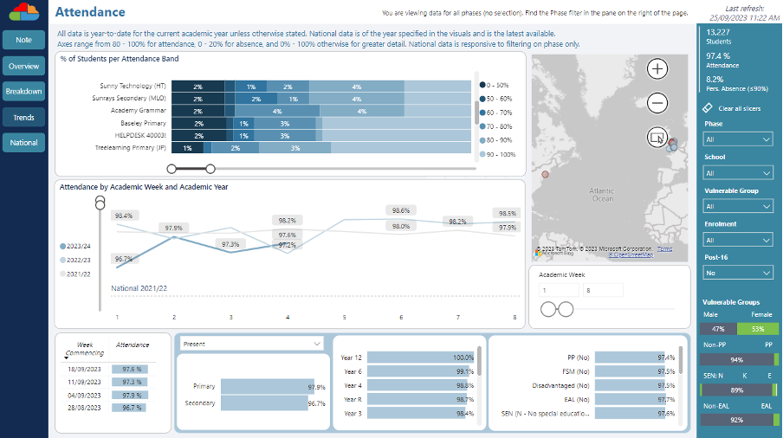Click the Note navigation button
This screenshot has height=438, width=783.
[x=23, y=41]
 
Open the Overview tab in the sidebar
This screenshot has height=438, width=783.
[x=23, y=66]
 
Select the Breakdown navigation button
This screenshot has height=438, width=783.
[x=23, y=91]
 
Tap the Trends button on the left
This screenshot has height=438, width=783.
[x=23, y=117]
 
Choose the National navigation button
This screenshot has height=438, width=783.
[x=23, y=142]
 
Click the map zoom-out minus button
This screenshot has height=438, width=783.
[x=657, y=103]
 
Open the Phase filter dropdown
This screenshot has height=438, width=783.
[x=738, y=139]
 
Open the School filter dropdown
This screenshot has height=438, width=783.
[x=738, y=173]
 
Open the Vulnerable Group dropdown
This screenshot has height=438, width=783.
[x=738, y=206]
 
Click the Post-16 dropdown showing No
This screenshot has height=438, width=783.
[x=738, y=272]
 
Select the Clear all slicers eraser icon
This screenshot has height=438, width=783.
[x=708, y=108]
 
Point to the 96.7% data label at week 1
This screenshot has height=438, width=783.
[x=123, y=259]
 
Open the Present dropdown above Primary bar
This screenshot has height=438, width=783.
[x=251, y=344]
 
